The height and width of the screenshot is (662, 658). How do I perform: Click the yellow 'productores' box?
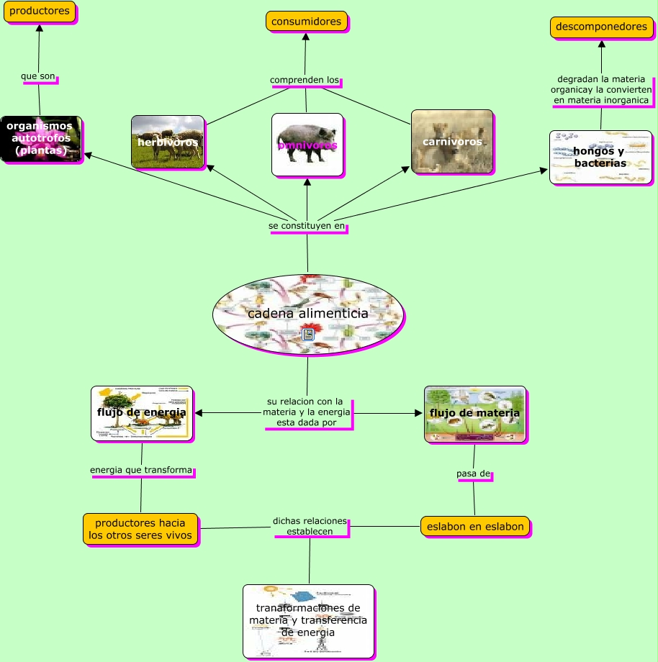click(40, 12)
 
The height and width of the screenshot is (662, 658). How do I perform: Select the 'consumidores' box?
click(307, 22)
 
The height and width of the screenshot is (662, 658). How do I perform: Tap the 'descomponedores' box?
click(601, 27)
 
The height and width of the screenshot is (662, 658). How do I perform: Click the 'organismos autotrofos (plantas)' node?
click(41, 139)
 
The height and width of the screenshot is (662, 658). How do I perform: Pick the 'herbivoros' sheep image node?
click(168, 141)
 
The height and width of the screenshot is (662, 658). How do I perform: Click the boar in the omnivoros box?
click(307, 136)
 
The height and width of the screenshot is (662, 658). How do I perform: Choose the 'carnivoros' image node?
click(452, 142)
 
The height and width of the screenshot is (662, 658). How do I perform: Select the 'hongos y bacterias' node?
click(600, 157)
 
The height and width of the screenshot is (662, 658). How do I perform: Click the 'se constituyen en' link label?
click(307, 226)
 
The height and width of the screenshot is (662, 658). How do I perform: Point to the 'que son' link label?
click(38, 76)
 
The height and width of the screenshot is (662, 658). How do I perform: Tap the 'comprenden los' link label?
click(305, 79)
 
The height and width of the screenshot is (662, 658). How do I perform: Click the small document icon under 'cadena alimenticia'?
click(308, 335)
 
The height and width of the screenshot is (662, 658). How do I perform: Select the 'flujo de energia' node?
click(142, 413)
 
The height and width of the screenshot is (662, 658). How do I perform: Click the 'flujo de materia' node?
click(474, 413)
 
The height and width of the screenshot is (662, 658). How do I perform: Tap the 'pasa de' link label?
click(474, 473)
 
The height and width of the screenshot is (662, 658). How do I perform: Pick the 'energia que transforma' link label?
click(141, 471)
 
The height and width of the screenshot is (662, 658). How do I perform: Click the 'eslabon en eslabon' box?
click(475, 526)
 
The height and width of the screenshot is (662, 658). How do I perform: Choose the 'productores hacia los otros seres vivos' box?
click(140, 529)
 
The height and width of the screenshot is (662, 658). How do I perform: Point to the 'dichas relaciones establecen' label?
click(310, 526)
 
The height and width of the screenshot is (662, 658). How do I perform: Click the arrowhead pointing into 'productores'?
click(40, 28)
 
